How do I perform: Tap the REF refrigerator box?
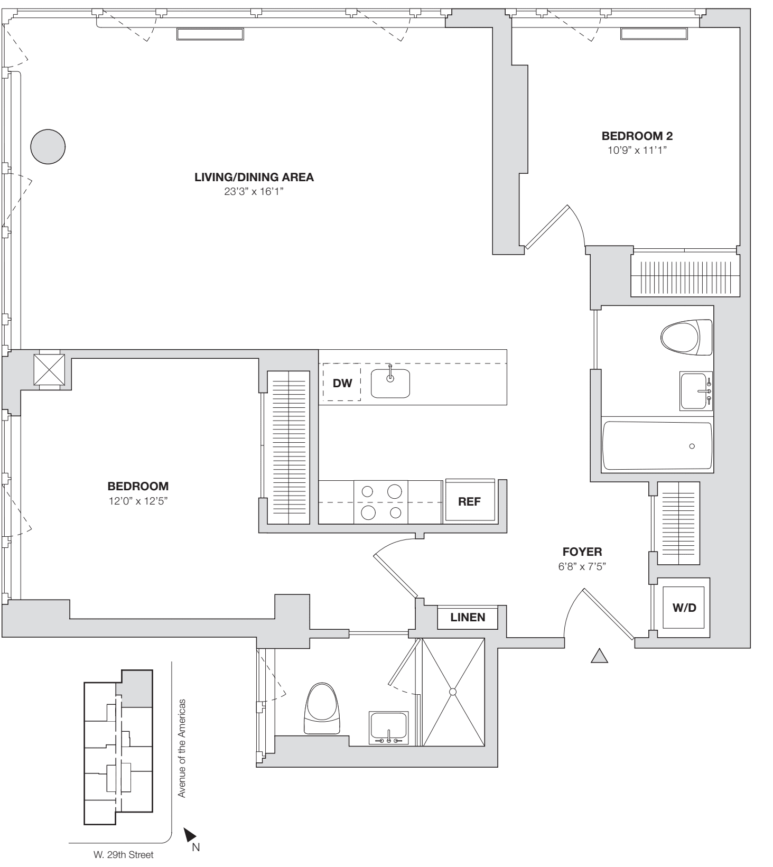tap(469, 501)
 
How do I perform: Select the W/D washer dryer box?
tap(684, 608)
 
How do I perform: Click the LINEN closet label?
tap(468, 617)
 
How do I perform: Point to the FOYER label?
tap(582, 552)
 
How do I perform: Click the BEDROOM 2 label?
tap(637, 136)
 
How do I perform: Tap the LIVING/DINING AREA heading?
tap(254, 178)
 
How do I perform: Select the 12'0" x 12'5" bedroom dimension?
tap(138, 500)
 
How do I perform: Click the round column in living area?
tap(48, 146)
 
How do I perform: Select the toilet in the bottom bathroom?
tap(321, 709)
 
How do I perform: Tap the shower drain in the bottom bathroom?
tap(453, 692)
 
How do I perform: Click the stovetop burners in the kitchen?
tap(381, 501)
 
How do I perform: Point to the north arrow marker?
tap(190, 835)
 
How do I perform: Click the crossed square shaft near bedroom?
tap(49, 369)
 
